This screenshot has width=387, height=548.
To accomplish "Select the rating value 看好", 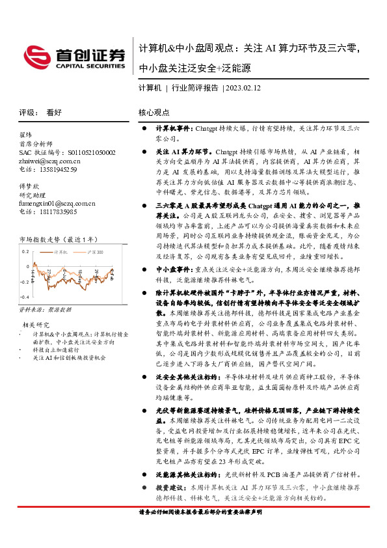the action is [x=54, y=112].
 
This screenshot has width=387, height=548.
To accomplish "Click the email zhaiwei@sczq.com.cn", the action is [x=50, y=160].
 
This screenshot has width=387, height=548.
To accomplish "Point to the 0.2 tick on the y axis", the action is [x=25, y=250].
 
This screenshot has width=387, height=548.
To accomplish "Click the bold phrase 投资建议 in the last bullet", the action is [x=170, y=487].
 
